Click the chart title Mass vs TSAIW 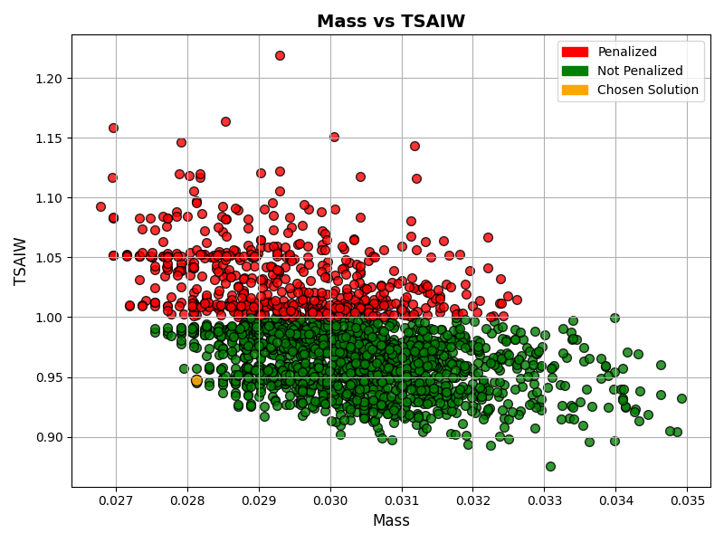tap(391, 22)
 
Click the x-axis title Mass tap(391, 520)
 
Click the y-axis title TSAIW tap(23, 262)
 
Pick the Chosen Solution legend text tap(648, 90)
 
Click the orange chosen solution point tap(196, 381)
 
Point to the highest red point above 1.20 tap(280, 55)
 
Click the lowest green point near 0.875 tap(550, 466)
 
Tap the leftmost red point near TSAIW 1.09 tap(100, 206)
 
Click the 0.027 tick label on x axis tap(115, 499)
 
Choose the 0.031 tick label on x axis tap(401, 499)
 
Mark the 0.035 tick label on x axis tap(687, 499)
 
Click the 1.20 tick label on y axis tap(47, 79)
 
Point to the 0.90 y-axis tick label tap(47, 437)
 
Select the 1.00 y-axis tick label tap(47, 318)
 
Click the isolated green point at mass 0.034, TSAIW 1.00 tap(614, 318)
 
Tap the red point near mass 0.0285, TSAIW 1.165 tap(225, 121)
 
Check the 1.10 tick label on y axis tap(47, 198)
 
